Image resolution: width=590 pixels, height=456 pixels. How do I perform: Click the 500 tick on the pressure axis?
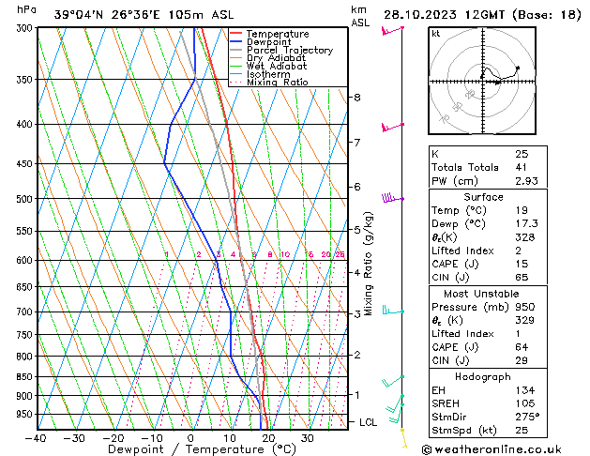(23, 199)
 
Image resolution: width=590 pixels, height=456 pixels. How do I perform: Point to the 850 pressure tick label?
(23, 376)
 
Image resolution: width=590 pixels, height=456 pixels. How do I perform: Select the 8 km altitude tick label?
(356, 98)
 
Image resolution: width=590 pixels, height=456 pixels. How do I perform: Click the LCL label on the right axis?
(369, 423)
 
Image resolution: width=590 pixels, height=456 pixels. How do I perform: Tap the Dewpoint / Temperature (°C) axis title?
(189, 450)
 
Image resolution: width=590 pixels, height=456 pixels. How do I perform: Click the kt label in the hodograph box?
(436, 34)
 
